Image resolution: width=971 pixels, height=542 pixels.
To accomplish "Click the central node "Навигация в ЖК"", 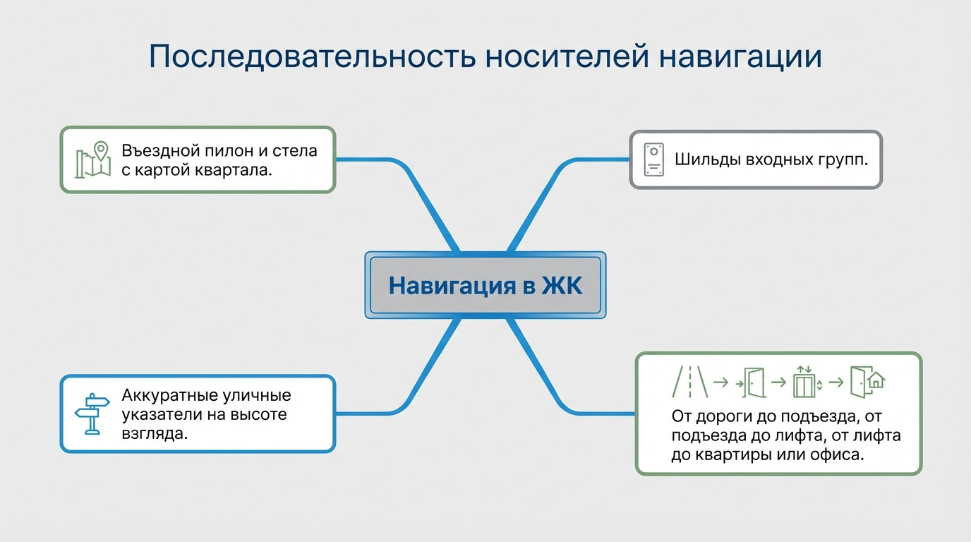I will [x=485, y=287].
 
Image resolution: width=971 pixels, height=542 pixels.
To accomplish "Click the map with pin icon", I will [x=94, y=159].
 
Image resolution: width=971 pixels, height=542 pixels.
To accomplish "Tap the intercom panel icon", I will [x=654, y=159].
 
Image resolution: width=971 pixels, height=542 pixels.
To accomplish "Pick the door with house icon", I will [x=867, y=383].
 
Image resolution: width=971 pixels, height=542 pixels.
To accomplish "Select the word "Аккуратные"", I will [x=170, y=395].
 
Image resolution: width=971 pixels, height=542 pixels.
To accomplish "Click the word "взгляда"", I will [x=154, y=433].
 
